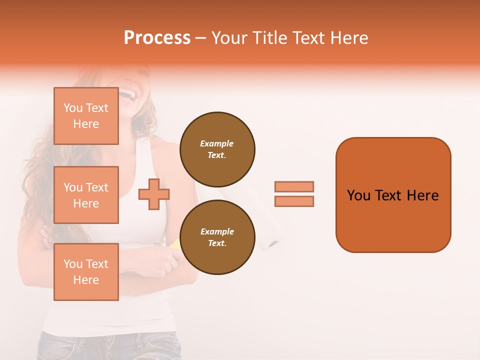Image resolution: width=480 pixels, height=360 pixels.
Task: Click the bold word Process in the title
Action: (x=157, y=38)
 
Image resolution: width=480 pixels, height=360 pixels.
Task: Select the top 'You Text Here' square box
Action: (x=86, y=116)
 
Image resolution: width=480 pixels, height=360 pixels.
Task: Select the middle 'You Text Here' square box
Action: (x=86, y=195)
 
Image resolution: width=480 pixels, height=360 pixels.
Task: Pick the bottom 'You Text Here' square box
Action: (x=86, y=272)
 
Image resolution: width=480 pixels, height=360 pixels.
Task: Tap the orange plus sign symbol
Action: (x=154, y=193)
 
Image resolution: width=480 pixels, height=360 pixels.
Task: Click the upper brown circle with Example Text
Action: (x=217, y=149)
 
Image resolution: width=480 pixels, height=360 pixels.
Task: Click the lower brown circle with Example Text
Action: (x=217, y=237)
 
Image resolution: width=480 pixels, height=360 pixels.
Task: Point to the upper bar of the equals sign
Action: (x=294, y=186)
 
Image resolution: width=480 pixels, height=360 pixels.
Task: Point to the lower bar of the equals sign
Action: (x=294, y=201)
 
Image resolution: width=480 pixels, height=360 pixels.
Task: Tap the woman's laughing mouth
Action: (x=128, y=95)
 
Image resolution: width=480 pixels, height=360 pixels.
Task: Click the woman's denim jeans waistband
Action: (x=110, y=338)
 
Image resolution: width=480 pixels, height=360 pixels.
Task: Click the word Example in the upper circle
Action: (x=217, y=143)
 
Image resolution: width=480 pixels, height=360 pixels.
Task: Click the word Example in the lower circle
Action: (x=217, y=231)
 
